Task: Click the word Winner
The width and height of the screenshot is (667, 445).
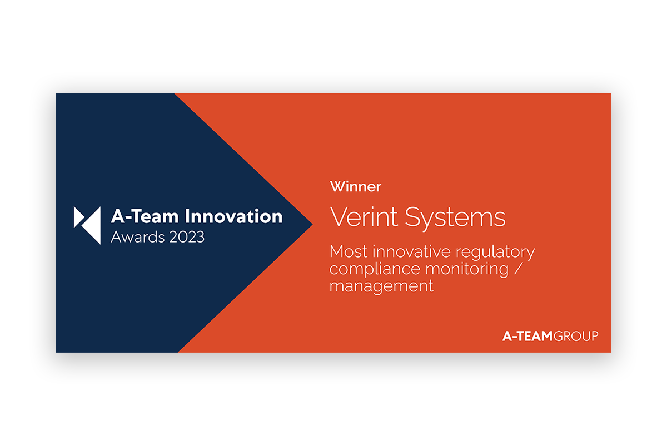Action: (356, 186)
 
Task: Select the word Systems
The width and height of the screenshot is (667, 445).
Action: (455, 218)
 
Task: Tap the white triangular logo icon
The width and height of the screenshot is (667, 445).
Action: (87, 225)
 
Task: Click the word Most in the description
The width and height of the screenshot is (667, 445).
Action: (348, 252)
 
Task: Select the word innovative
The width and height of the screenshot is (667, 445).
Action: (411, 252)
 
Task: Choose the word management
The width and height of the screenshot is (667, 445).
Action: (381, 287)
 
